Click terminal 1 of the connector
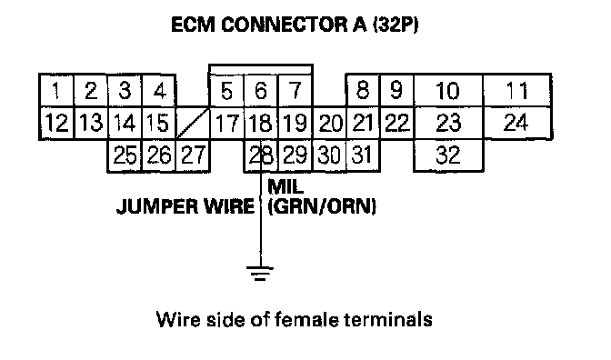pyautogui.click(x=57, y=90)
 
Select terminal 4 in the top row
pyautogui.click(x=159, y=90)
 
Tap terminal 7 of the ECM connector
pyautogui.click(x=295, y=90)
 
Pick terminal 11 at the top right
pyautogui.click(x=516, y=90)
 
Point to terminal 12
pyautogui.click(x=57, y=123)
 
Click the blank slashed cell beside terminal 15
pyautogui.click(x=193, y=123)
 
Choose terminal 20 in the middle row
pyautogui.click(x=330, y=123)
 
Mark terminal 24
pyautogui.click(x=516, y=123)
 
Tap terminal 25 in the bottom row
pyautogui.click(x=125, y=155)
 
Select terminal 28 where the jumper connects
pyautogui.click(x=261, y=155)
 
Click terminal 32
pyautogui.click(x=448, y=155)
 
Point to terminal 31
pyautogui.click(x=363, y=155)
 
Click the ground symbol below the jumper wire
pyautogui.click(x=260, y=273)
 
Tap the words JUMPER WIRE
pyautogui.click(x=185, y=205)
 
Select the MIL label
pyautogui.click(x=285, y=186)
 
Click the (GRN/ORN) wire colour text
pyautogui.click(x=322, y=206)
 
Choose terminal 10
pyautogui.click(x=448, y=90)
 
